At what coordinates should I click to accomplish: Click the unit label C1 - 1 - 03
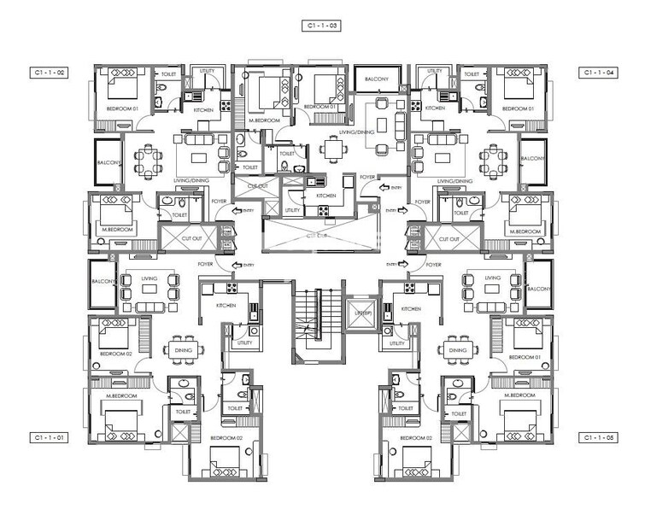click(x=323, y=26)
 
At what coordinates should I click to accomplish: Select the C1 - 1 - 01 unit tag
click(x=50, y=437)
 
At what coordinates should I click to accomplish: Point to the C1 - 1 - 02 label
click(x=50, y=73)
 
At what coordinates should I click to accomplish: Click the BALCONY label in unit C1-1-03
click(x=378, y=79)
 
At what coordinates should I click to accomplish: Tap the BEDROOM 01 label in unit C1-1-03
click(x=319, y=107)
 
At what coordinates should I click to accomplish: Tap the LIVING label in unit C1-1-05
click(x=492, y=278)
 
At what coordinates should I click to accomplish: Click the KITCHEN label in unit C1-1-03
click(x=326, y=195)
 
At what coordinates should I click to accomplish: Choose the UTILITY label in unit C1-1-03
click(x=292, y=209)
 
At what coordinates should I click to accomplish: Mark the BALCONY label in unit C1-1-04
click(x=534, y=158)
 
